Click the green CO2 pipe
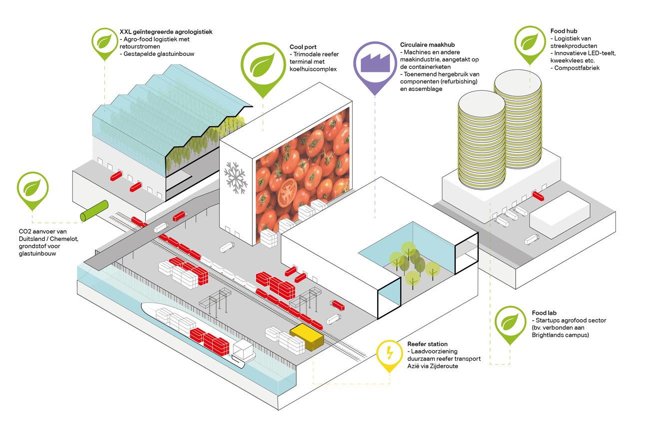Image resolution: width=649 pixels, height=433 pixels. pos(95,210)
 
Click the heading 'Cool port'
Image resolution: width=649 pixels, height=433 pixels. pos(303,47)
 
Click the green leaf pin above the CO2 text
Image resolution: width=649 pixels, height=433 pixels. pos(32,189)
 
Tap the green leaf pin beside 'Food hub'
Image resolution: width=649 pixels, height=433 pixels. pos(530,40)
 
